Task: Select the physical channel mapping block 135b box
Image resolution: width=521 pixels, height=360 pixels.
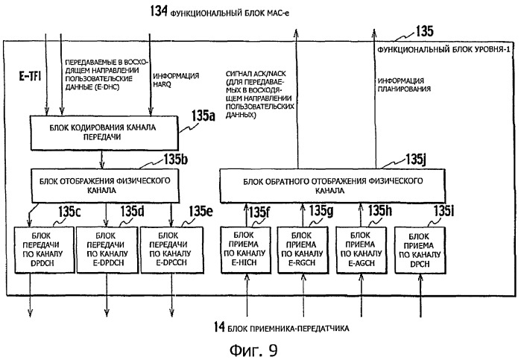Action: tap(104, 185)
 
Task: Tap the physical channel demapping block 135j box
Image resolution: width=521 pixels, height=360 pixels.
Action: tap(329, 185)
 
